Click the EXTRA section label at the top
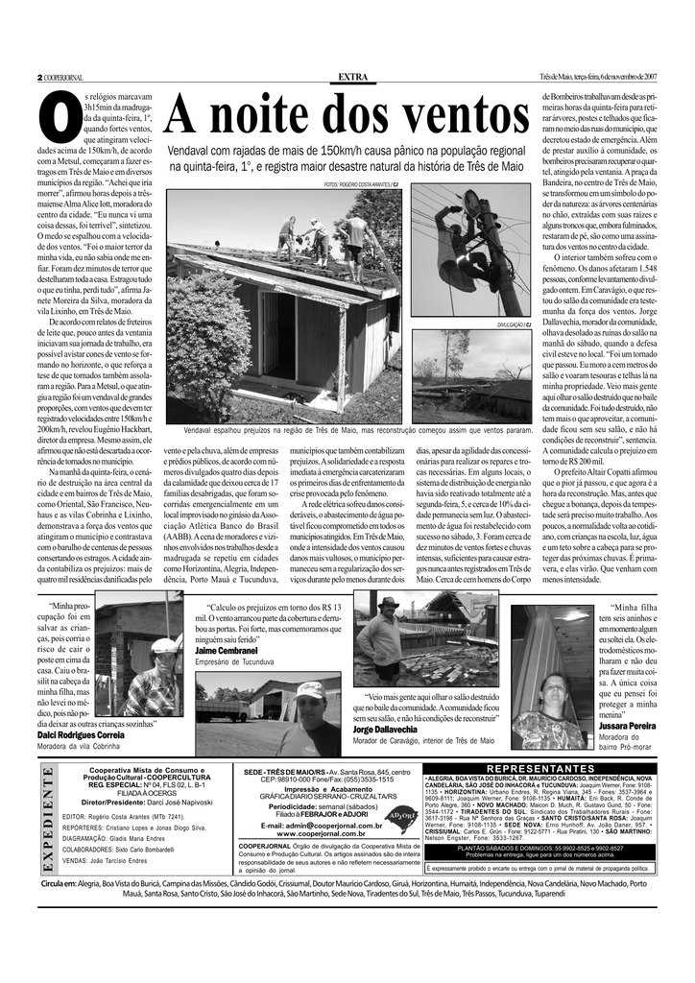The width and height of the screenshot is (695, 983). (352, 77)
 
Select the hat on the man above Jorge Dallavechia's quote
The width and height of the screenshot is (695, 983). (388, 603)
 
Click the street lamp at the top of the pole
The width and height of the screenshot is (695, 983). (472, 204)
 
